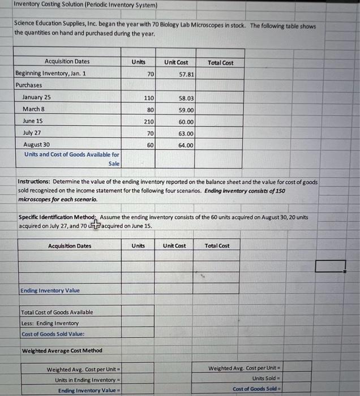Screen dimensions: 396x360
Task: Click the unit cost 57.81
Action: point(186,74)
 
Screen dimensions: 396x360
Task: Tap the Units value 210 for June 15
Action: point(148,122)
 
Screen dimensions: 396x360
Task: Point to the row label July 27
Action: point(32,134)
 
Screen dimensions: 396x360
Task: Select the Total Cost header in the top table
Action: point(220,62)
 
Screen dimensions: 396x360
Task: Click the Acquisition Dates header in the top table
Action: point(67,62)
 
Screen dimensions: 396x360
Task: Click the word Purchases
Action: point(29,85)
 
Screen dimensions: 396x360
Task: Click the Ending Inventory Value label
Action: point(50,291)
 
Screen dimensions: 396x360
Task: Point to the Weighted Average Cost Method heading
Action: point(62,351)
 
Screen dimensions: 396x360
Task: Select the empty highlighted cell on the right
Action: point(331,265)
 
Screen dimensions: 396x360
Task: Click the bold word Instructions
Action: point(35,182)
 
